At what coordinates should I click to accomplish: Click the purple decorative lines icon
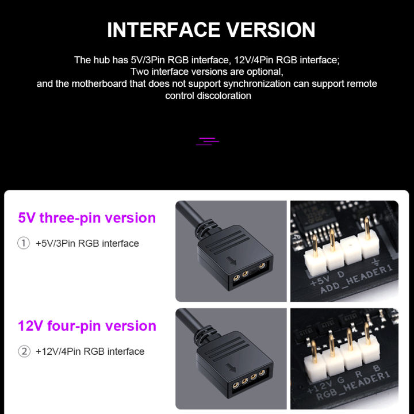coord(208,141)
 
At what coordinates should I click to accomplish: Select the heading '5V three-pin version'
coord(87,218)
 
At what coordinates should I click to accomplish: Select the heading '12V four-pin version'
coord(87,326)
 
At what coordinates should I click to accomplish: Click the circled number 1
coord(24,243)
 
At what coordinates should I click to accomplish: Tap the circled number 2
coord(24,351)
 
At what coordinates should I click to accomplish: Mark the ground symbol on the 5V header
coord(375,264)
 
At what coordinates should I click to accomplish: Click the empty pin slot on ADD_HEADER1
coord(350,253)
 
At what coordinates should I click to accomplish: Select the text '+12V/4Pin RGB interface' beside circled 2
coord(90,351)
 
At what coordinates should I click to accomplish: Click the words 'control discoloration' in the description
coord(208,95)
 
